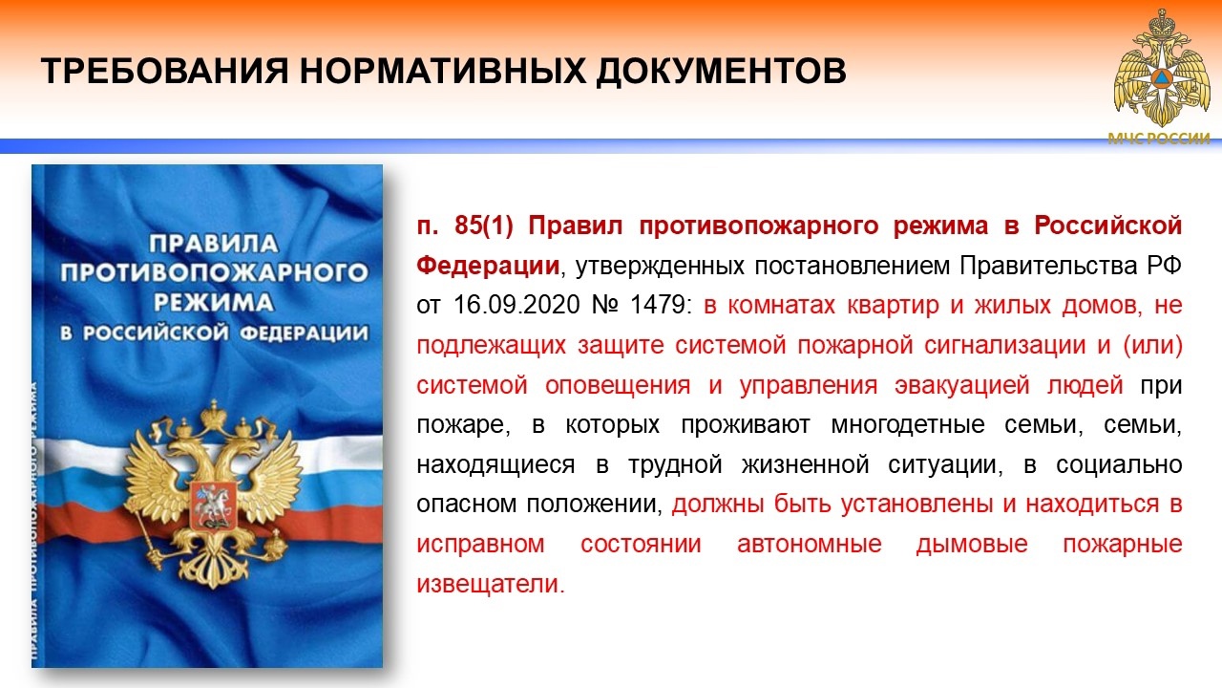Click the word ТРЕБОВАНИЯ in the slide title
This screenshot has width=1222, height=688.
click(x=164, y=71)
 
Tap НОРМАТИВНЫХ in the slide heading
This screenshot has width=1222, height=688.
click(x=442, y=71)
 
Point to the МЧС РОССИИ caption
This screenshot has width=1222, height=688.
click(x=1159, y=139)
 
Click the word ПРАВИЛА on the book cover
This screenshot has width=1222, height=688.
click(x=214, y=244)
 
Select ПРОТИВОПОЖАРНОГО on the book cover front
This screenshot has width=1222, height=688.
click(x=214, y=272)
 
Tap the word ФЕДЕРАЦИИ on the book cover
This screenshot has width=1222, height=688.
click(x=304, y=333)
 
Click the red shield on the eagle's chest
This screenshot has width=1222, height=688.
click(x=213, y=506)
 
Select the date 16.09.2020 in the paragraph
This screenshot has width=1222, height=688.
click(x=516, y=305)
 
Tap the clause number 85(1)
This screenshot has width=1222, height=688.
click(x=484, y=226)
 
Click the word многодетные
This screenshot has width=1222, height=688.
click(x=908, y=425)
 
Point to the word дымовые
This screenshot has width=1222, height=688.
click(x=972, y=545)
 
